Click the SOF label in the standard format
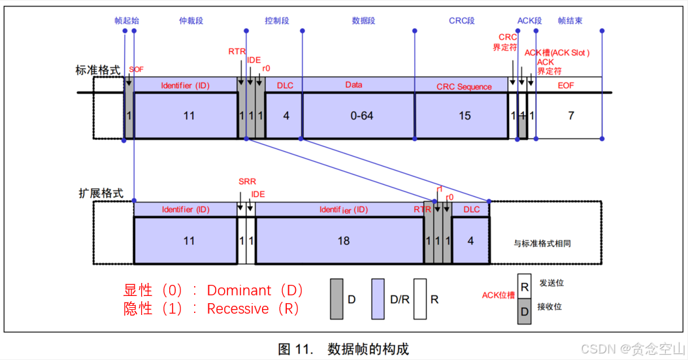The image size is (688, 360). click(136, 69)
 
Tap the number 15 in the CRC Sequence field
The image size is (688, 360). click(464, 116)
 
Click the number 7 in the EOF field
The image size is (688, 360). click(570, 116)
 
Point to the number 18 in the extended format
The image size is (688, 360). click(344, 240)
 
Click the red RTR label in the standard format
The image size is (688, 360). click(237, 51)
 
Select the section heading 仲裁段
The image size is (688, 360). click(191, 21)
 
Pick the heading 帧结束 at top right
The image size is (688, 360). click(570, 21)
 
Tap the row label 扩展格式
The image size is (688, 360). click(101, 194)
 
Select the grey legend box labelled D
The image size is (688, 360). click(336, 299)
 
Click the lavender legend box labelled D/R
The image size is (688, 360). click(379, 299)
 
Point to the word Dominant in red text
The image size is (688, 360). click(240, 290)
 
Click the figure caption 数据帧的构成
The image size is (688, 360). click(368, 349)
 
